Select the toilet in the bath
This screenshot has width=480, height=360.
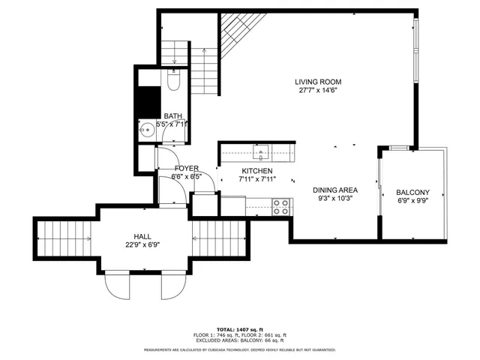pos(174,80)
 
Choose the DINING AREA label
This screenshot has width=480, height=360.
pos(334,190)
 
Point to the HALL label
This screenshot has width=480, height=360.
pos(143,235)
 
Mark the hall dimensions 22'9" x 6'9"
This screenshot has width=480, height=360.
pos(143,244)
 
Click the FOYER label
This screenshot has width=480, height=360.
pos(187,169)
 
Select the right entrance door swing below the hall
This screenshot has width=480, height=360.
pos(172,285)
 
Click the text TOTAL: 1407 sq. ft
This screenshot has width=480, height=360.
pos(239,330)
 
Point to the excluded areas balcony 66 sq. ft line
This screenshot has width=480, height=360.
pos(239,340)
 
